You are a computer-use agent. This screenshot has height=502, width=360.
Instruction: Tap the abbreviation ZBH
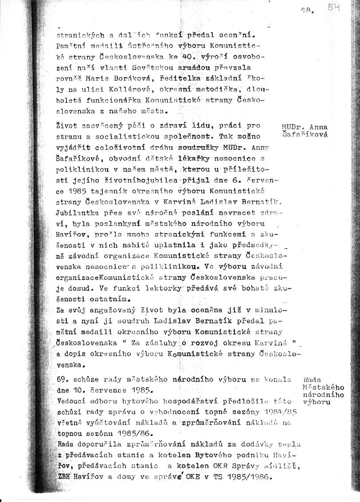pyautogui.click(x=65, y=476)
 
